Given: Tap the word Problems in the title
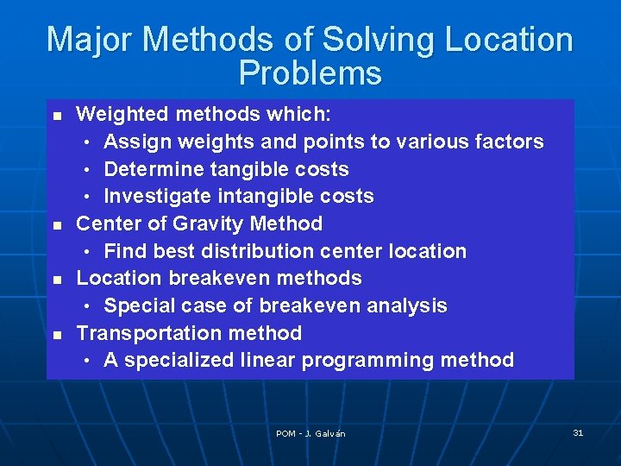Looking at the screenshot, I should (310, 73).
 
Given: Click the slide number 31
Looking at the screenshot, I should (578, 432).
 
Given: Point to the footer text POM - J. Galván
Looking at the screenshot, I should (310, 433).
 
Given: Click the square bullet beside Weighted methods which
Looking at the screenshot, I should (57, 115).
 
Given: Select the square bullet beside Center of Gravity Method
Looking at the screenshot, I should (57, 224).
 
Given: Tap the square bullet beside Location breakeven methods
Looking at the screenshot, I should (57, 279).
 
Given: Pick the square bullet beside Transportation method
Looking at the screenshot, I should (57, 334).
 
